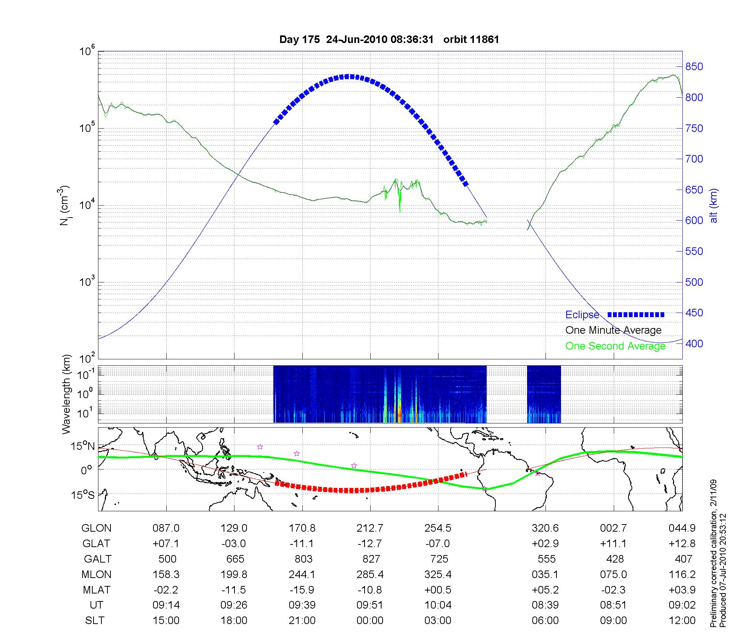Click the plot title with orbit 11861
click(x=389, y=40)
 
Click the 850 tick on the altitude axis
click(x=694, y=67)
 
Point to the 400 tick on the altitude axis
click(x=694, y=344)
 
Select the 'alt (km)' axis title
click(x=714, y=206)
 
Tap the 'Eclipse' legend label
click(x=582, y=315)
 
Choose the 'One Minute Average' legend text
click(x=613, y=330)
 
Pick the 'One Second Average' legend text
click(x=615, y=346)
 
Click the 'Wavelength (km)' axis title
click(x=66, y=394)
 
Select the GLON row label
click(x=96, y=528)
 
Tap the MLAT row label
click(x=96, y=590)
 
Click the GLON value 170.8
click(x=302, y=528)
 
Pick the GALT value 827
click(x=370, y=559)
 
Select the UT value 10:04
click(x=438, y=605)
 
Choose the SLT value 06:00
click(x=545, y=621)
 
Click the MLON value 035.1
click(x=545, y=574)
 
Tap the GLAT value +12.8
click(x=682, y=543)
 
